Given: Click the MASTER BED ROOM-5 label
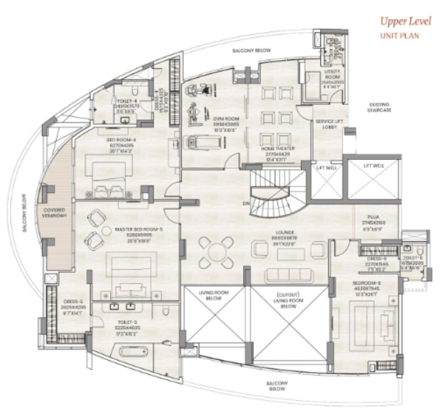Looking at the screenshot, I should point(137,229).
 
